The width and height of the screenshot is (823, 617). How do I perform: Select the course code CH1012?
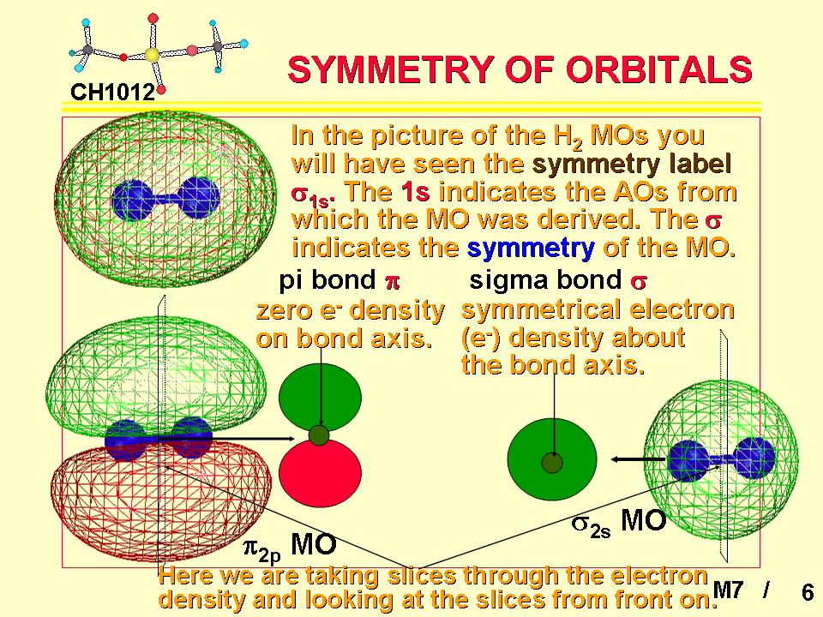tap(113, 93)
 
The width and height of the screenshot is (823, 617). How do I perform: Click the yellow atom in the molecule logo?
tap(152, 55)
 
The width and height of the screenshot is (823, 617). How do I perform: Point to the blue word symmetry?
tap(531, 248)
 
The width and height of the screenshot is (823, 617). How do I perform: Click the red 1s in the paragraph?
tap(415, 191)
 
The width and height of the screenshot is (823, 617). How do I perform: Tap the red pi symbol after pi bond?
tap(392, 283)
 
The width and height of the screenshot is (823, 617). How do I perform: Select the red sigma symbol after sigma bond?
tap(639, 283)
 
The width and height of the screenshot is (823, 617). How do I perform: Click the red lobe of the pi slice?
tap(320, 474)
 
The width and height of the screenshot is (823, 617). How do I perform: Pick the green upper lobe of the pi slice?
tap(320, 396)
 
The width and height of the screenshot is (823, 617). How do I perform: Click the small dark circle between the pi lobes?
tap(319, 435)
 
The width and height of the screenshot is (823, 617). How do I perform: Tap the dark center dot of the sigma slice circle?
tap(552, 463)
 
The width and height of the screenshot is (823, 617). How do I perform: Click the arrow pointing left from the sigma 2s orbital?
tap(638, 459)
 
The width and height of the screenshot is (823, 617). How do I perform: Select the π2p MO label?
tap(290, 546)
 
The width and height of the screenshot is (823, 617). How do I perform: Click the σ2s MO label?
tap(619, 523)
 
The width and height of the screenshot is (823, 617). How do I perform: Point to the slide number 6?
tap(808, 592)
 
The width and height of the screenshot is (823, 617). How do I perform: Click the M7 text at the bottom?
tap(728, 590)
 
